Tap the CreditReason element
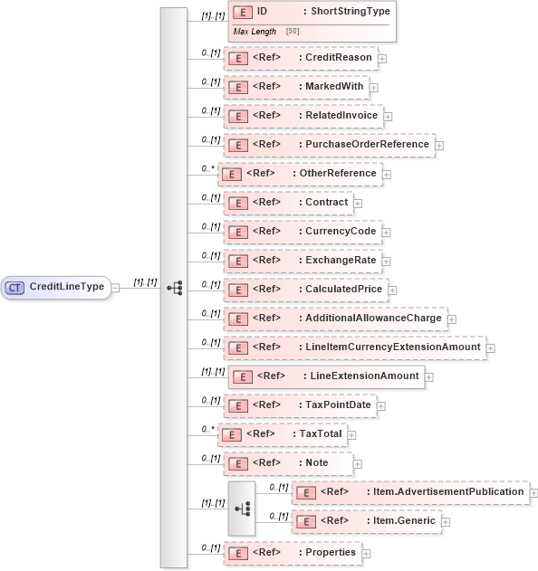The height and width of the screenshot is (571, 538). click(x=300, y=58)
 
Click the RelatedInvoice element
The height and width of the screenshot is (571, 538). click(x=303, y=116)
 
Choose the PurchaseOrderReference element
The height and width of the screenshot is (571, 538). click(x=328, y=145)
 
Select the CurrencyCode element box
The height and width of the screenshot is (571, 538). click(x=303, y=232)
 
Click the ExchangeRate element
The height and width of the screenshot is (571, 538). click(x=302, y=261)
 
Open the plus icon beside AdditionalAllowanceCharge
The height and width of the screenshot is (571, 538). click(x=452, y=319)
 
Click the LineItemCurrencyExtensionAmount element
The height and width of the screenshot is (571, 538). click(x=354, y=347)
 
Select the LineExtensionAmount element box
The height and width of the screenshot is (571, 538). click(x=325, y=376)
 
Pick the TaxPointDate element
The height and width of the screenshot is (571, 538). click(x=300, y=405)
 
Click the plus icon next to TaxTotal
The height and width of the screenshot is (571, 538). click(x=351, y=434)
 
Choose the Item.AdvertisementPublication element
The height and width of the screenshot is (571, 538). click(x=410, y=492)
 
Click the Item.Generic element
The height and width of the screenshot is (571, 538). click(x=367, y=522)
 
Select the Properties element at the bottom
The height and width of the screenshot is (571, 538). click(x=293, y=552)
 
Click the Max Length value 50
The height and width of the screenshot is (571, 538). click(x=293, y=32)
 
